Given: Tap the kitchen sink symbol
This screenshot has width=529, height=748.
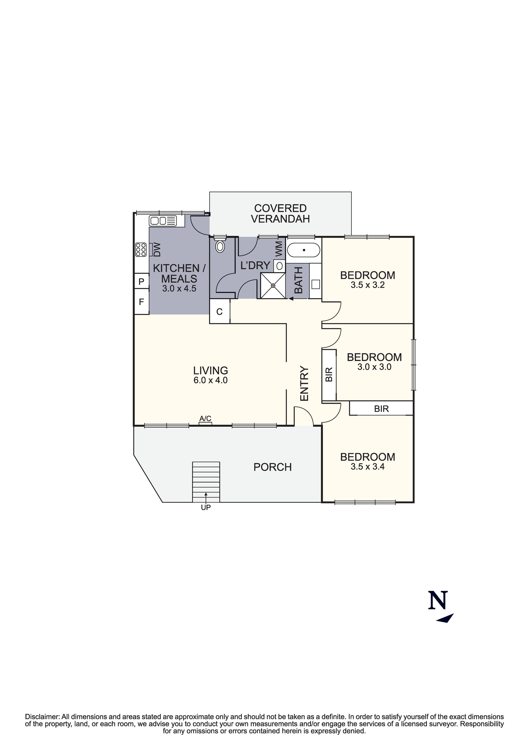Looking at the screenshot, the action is pyautogui.click(x=163, y=221).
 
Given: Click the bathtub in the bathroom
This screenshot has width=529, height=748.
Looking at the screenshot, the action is pyautogui.click(x=304, y=250).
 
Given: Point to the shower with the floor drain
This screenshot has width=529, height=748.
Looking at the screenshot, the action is pyautogui.click(x=273, y=285).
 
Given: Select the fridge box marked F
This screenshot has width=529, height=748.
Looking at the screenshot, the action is pyautogui.click(x=142, y=302).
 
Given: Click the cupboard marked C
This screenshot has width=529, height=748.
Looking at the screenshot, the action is pyautogui.click(x=219, y=312).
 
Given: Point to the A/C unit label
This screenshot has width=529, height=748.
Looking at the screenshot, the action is pyautogui.click(x=205, y=418).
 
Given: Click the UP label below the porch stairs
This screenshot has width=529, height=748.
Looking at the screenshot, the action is pyautogui.click(x=206, y=507).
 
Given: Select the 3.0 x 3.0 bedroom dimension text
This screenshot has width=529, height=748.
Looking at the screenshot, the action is pyautogui.click(x=374, y=367).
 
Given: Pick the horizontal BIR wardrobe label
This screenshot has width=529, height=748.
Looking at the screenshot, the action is pyautogui.click(x=381, y=408).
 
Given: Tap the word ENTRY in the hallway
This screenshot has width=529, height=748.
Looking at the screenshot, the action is pyautogui.click(x=304, y=384).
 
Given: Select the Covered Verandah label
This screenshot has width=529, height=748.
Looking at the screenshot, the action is pyautogui.click(x=281, y=213).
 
